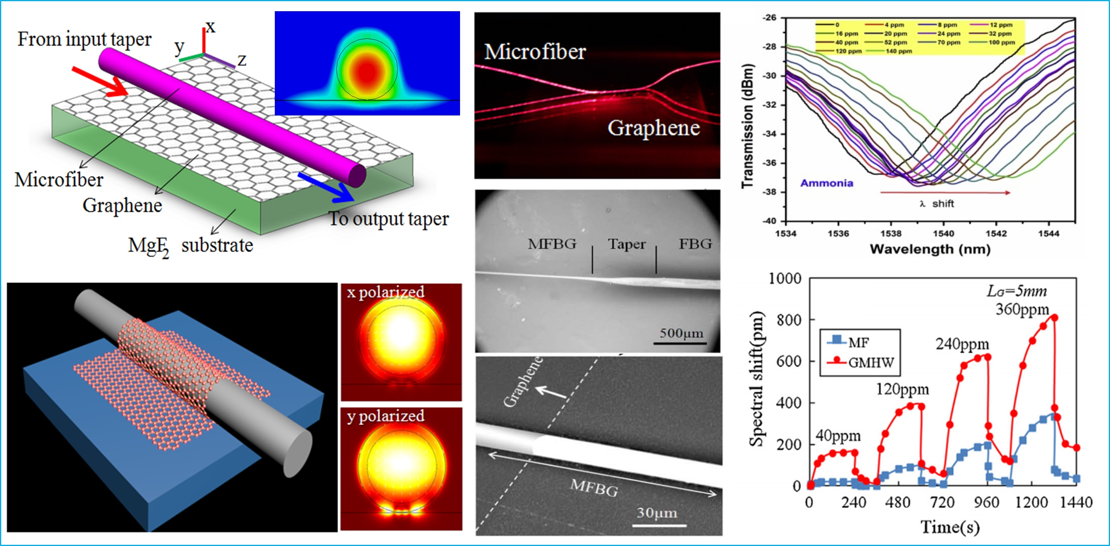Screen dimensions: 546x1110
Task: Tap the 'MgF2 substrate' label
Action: tap(190, 246)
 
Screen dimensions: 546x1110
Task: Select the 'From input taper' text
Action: tap(85, 39)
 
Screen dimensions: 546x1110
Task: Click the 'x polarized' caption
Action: tap(386, 292)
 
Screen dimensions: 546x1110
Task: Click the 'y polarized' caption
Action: tap(386, 416)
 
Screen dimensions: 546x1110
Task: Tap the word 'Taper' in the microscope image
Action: tap(626, 244)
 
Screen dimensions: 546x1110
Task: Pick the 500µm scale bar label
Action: tap(681, 333)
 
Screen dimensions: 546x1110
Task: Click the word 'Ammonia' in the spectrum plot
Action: tap(826, 183)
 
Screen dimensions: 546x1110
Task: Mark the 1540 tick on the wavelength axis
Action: tap(944, 234)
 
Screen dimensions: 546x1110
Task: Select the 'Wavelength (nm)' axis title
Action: tap(930, 249)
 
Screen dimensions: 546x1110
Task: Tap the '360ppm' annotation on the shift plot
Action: tap(1022, 309)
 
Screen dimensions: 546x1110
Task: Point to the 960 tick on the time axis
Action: tap(987, 502)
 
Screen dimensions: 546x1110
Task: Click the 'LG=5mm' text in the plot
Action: tap(1017, 291)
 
